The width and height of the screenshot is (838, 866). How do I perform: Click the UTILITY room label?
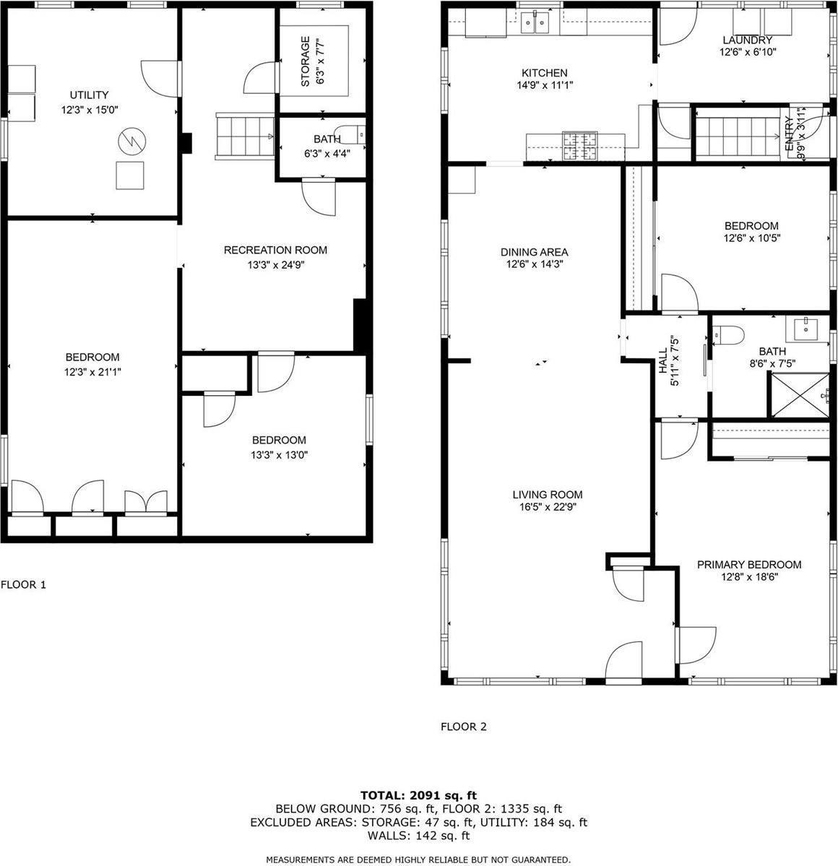89,95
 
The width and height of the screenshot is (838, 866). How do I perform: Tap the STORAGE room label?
305,61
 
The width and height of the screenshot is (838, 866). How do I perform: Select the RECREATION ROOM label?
275,250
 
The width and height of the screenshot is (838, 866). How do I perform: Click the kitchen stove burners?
580,146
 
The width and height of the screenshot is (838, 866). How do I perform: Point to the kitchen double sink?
535,23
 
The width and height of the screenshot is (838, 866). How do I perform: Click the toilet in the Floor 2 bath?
728,334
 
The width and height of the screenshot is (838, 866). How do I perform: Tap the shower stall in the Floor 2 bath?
799,395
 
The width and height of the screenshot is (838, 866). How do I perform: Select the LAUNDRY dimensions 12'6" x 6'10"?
748,53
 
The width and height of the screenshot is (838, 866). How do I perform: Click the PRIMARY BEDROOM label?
748,564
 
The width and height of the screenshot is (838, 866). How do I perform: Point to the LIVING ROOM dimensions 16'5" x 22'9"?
547,507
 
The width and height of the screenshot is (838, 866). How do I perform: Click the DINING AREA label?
534,252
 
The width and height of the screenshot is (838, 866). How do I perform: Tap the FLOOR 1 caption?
23,584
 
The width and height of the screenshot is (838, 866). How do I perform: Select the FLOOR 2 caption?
464,727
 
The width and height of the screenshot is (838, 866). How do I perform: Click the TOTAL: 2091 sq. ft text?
418,795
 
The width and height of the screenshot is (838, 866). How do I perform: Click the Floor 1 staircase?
244,137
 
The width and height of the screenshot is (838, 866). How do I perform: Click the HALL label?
663,360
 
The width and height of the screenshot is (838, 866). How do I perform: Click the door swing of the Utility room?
160,79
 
